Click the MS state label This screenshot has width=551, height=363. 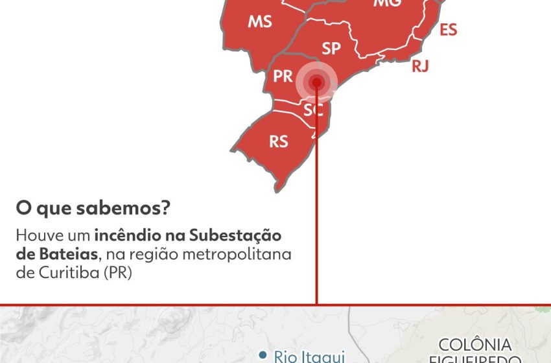pyautogui.click(x=260, y=21)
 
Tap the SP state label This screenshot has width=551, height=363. pyautogui.click(x=331, y=48)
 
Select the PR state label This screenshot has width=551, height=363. pyautogui.click(x=283, y=76)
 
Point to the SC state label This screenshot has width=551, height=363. pyautogui.click(x=314, y=110)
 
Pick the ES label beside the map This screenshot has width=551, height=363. pyautogui.click(x=449, y=30)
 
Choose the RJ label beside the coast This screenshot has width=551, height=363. pyautogui.click(x=420, y=65)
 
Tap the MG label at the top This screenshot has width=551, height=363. pyautogui.click(x=388, y=3)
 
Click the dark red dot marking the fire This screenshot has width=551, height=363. pyautogui.click(x=317, y=82)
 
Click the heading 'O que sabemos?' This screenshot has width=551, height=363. pyautogui.click(x=93, y=209)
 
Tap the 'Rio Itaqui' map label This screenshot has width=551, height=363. pyautogui.click(x=307, y=355)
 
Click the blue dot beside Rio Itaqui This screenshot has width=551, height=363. pyautogui.click(x=263, y=354)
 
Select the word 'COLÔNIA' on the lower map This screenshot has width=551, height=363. pyautogui.click(x=475, y=345)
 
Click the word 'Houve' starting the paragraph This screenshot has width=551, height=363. pyautogui.click(x=36, y=235)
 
